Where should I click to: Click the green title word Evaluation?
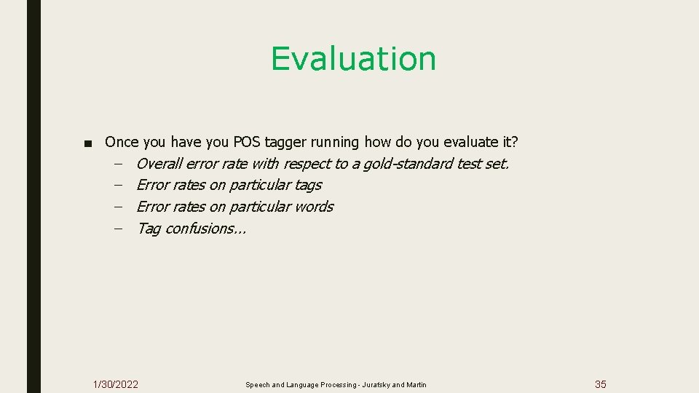point(353,59)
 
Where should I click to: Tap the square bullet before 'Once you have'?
point(88,143)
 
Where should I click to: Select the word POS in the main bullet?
point(250,142)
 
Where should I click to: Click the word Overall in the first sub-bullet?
point(159,164)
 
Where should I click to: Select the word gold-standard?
point(408,164)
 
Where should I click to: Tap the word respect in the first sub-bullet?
point(307,164)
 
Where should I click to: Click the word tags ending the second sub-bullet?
point(308,186)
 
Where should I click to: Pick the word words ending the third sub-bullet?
point(314,207)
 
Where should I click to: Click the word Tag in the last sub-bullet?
point(149,229)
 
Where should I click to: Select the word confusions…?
point(206,229)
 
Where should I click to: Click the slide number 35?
point(600,384)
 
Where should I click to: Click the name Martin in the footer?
point(416,385)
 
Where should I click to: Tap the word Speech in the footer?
point(257,385)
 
